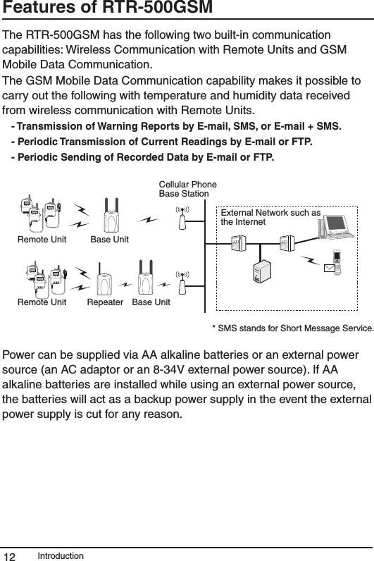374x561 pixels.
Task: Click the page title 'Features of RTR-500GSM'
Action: (98, 10)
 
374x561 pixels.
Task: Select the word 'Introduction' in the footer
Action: (61, 555)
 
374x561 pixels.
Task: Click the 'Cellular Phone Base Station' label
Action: (187, 189)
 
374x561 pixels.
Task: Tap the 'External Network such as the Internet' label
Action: (270, 217)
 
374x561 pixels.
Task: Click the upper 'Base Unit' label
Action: (110, 240)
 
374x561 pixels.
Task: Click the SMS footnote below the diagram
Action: (292, 328)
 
